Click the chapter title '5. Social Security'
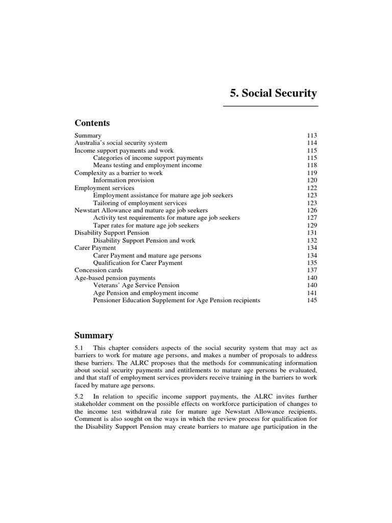pos(273,93)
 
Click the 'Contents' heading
pos(92,123)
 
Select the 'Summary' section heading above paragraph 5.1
pos(94,336)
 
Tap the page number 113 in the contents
pos(312,136)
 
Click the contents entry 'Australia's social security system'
pos(121,143)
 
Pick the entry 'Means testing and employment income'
pos(148,165)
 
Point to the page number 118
pos(312,165)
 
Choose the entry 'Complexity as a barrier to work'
pos(118,173)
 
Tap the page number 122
pos(312,188)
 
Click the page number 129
pos(312,225)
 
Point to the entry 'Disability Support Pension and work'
pos(144,241)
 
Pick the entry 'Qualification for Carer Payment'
pos(138,263)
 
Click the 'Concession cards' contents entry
pos(99,270)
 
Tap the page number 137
pos(312,270)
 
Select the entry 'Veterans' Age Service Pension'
pos(136,286)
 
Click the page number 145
pos(312,300)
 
